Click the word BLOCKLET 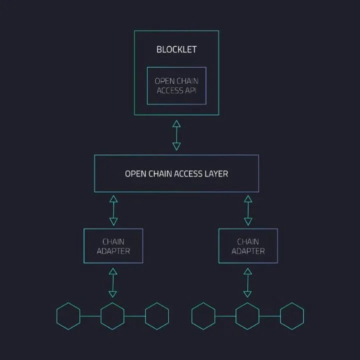(176, 49)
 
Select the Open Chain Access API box (176, 85)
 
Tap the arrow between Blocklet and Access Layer (176, 135)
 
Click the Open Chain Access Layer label (176, 174)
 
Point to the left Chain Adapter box (113, 246)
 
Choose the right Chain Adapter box (248, 246)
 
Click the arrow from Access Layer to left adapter (113, 210)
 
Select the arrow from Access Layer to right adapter (248, 210)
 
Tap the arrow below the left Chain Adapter (113, 282)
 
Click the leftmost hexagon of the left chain (68, 316)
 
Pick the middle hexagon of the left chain (112, 316)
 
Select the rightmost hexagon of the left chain (157, 316)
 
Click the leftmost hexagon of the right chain (203, 316)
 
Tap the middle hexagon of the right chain (247, 316)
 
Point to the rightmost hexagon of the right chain (292, 316)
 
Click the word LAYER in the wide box (216, 174)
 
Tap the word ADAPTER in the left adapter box (113, 251)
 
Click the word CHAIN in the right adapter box (248, 241)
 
